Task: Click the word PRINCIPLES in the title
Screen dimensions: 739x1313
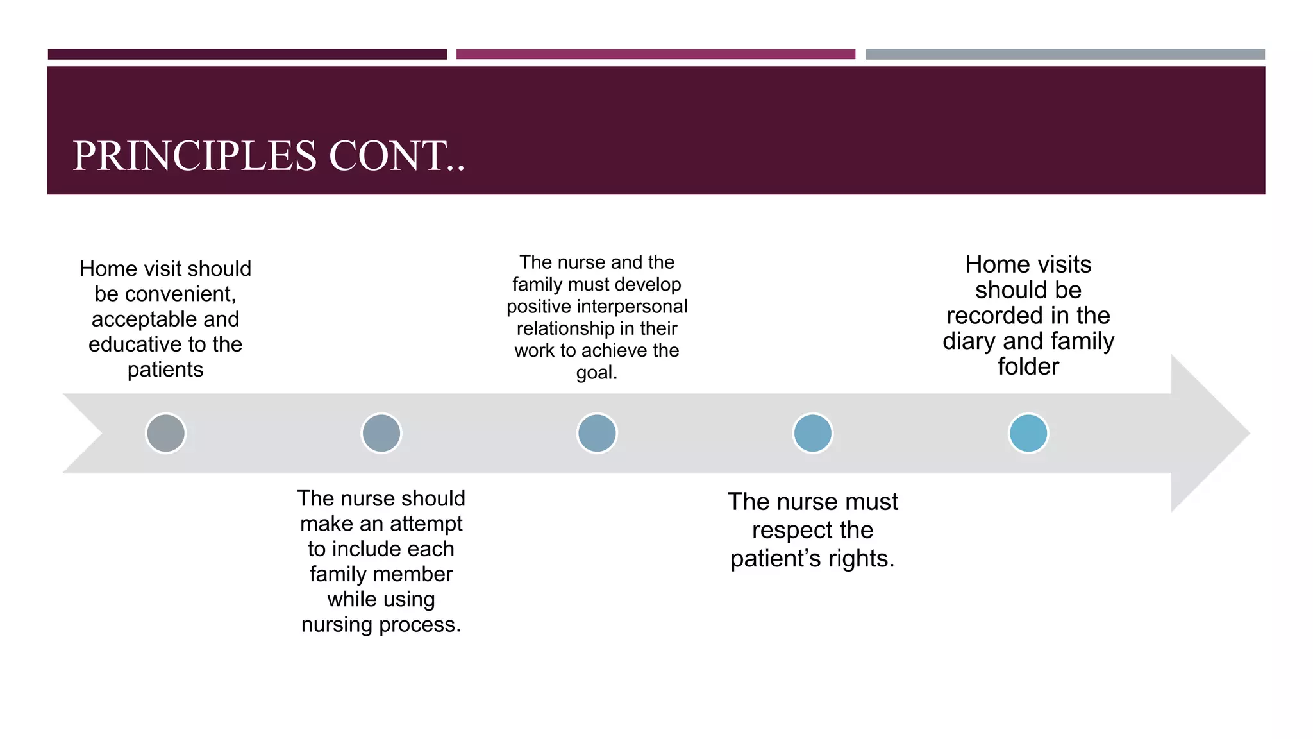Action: (x=195, y=156)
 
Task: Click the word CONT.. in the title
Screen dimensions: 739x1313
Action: (x=397, y=156)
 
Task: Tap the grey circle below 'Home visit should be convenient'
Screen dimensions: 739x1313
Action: (x=165, y=434)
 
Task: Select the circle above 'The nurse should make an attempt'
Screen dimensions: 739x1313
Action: (x=381, y=434)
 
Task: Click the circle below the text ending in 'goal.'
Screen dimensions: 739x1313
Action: (x=597, y=434)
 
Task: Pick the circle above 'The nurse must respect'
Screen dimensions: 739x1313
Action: (x=813, y=434)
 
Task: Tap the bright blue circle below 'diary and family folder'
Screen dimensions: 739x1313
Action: (x=1028, y=434)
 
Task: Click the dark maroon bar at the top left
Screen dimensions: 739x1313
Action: (x=247, y=55)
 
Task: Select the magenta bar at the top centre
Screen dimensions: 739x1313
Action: (x=655, y=55)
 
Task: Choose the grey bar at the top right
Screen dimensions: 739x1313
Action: (x=1065, y=55)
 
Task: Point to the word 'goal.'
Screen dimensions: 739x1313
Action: (x=597, y=373)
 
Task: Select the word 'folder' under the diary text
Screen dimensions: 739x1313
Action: (x=1028, y=367)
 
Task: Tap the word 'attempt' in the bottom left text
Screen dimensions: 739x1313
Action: (x=425, y=524)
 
